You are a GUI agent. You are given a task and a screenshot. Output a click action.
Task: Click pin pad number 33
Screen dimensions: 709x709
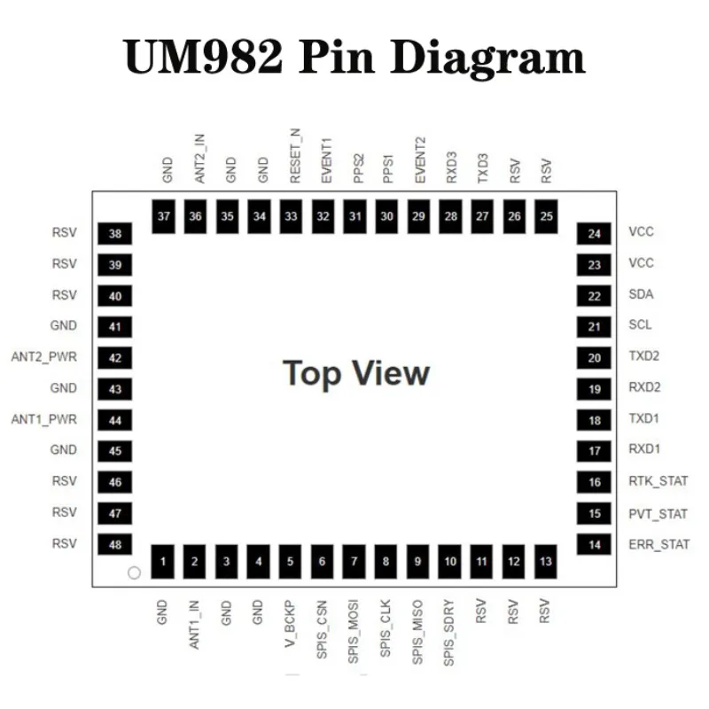coord(291,216)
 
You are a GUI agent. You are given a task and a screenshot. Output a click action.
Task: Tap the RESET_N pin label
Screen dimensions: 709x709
coord(295,156)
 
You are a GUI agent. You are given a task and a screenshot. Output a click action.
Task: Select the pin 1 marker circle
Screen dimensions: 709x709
coord(134,573)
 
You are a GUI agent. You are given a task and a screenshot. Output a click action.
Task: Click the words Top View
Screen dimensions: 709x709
coord(356,373)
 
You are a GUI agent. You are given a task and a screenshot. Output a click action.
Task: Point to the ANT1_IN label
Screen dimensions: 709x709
coord(195,626)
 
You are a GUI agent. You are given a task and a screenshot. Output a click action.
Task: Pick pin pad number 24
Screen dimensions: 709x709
coord(595,234)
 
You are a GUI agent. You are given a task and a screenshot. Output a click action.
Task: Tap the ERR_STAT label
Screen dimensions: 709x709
coord(658,544)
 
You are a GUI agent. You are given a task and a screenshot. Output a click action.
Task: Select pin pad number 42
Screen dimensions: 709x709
coord(114,358)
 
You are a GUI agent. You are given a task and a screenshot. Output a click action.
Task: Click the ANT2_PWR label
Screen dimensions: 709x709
coord(44,357)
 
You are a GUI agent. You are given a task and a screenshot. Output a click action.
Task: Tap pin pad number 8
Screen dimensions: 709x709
coord(386,561)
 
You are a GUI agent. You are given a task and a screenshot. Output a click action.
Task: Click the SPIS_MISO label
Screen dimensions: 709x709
coord(417,633)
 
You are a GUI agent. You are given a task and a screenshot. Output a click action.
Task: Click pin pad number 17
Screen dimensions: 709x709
coord(595,451)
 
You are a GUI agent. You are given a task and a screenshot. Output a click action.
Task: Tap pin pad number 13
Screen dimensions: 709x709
coord(545,561)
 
